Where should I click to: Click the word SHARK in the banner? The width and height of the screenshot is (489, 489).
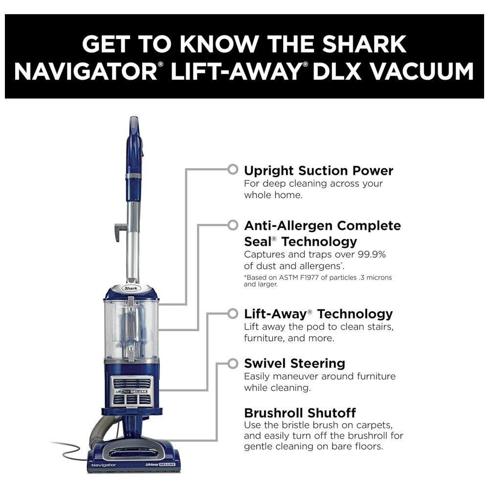364,44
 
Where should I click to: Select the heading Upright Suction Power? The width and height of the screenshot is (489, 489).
318,171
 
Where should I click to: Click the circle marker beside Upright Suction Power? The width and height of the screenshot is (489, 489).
233,169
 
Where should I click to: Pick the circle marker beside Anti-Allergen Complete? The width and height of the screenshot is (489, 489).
233,225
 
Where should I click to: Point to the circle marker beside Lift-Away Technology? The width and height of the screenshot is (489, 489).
233,313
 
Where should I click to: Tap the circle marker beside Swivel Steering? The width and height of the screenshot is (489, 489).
233,363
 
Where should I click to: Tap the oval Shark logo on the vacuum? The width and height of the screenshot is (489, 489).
131,288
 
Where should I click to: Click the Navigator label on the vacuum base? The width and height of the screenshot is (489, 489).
104,465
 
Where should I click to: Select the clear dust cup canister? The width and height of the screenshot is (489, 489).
131,329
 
